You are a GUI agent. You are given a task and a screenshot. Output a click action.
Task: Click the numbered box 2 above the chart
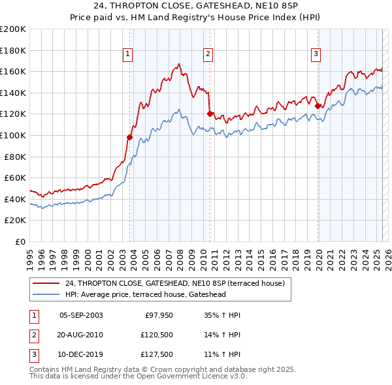208,54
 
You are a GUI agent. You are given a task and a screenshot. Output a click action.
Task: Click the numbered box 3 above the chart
316,54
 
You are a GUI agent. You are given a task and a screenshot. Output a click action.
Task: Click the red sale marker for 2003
129,138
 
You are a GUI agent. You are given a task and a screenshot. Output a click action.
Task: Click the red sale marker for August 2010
210,114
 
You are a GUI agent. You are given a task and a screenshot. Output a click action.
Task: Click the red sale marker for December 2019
318,106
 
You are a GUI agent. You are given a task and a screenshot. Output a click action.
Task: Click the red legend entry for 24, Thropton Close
174,284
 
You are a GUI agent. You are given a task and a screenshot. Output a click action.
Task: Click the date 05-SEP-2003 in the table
81,315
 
